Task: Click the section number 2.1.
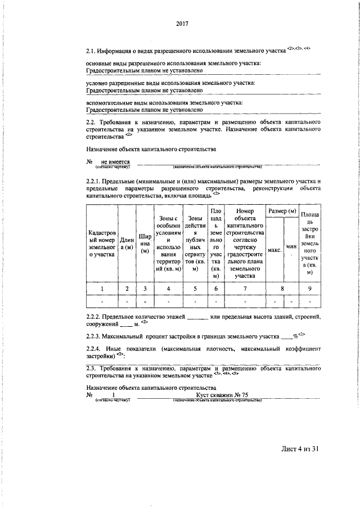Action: click(92, 51)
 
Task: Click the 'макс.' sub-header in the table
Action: click(274, 250)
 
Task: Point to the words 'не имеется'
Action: click(116, 161)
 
